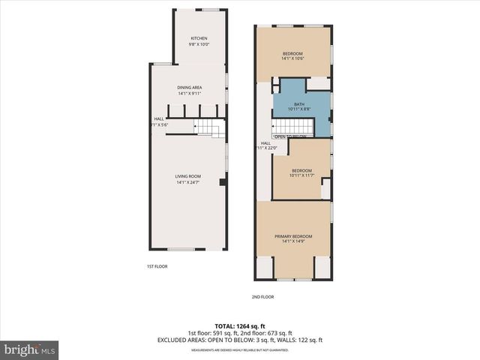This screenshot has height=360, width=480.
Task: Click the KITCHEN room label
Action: click(199, 38)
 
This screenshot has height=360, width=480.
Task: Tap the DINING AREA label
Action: click(189, 88)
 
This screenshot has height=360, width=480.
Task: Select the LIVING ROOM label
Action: click(189, 176)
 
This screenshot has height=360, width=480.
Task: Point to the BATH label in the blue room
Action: click(299, 104)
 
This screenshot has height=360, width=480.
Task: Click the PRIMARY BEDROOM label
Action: click(292, 236)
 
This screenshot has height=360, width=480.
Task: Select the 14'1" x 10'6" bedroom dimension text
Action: click(292, 59)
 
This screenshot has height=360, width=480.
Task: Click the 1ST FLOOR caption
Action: click(157, 266)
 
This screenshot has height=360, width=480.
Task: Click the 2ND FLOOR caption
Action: click(262, 297)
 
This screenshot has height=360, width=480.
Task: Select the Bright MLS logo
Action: click(30, 349)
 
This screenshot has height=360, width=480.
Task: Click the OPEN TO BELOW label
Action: click(290, 136)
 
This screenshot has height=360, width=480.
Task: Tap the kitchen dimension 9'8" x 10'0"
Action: click(199, 44)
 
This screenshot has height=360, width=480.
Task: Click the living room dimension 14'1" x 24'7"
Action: click(189, 182)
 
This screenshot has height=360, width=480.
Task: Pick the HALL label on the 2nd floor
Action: click(265, 142)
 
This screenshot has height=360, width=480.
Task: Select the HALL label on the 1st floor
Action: click(159, 118)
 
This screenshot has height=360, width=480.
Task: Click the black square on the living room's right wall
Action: click(222, 182)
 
